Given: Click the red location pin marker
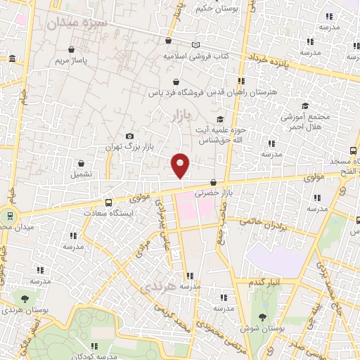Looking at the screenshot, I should [x=181, y=165].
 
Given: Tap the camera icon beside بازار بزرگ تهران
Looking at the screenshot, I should [x=129, y=136].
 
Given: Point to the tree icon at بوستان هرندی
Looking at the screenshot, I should [x=25, y=299].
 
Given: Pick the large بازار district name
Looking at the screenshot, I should [x=181, y=115].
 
